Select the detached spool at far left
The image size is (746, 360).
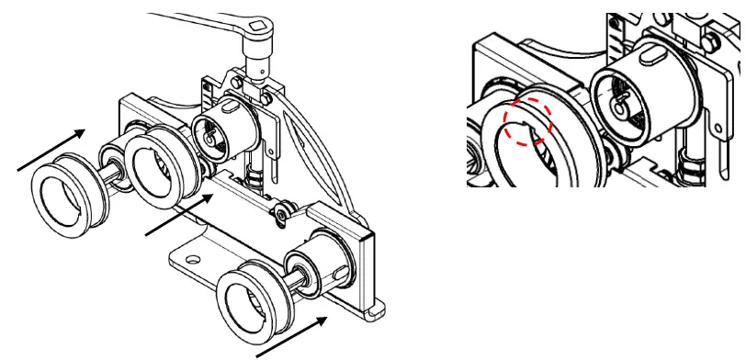[x=65, y=193]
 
